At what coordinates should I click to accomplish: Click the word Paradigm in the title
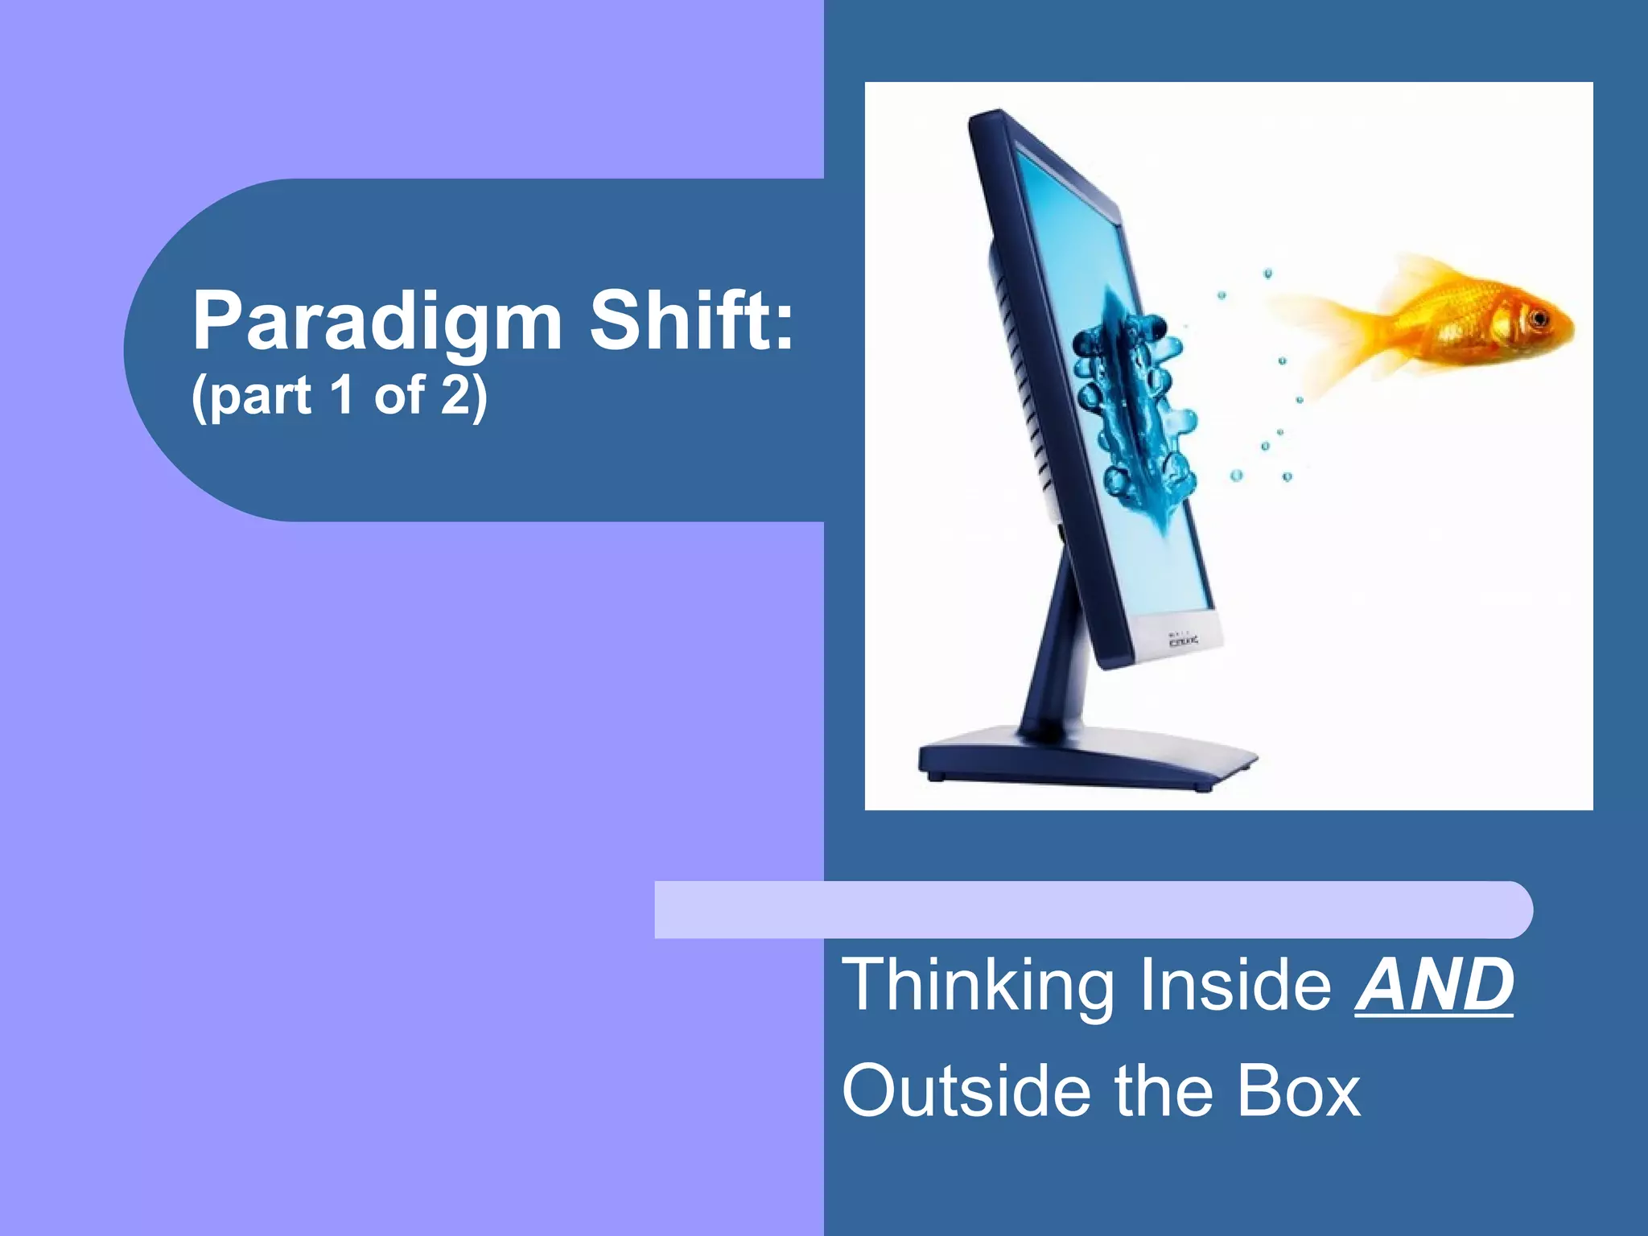(x=377, y=322)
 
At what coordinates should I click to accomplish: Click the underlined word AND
(x=1433, y=985)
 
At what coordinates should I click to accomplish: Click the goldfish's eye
(x=1539, y=319)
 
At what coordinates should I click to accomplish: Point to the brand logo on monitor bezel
(x=1183, y=641)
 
